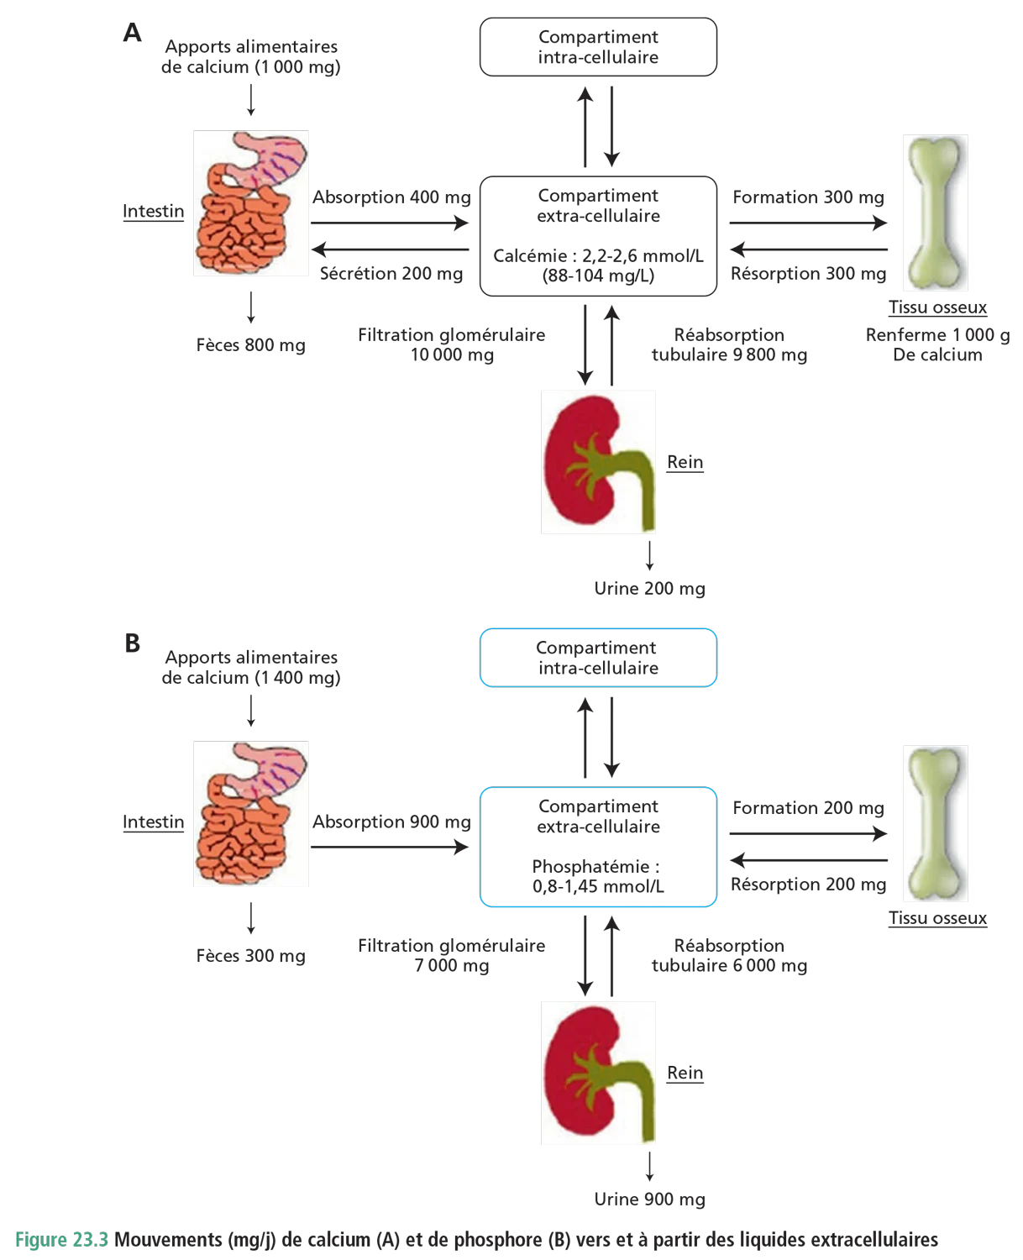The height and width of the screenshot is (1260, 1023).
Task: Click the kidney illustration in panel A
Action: pyautogui.click(x=597, y=463)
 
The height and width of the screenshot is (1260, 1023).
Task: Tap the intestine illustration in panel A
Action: pyautogui.click(x=249, y=205)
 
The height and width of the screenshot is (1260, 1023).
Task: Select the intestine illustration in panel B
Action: pyautogui.click(x=249, y=813)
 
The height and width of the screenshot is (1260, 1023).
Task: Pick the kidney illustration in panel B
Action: pyautogui.click(x=597, y=1074)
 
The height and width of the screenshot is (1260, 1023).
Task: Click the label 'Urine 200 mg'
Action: pyautogui.click(x=648, y=589)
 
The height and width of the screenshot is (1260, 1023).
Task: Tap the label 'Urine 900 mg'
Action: pyautogui.click(x=648, y=1200)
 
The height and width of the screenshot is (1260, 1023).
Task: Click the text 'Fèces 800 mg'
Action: pyautogui.click(x=250, y=345)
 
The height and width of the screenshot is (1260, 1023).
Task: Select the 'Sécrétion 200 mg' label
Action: pyautogui.click(x=391, y=274)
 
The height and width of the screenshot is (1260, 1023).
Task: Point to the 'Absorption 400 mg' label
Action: pyautogui.click(x=391, y=198)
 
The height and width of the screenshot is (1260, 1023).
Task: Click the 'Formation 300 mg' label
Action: pyautogui.click(x=808, y=198)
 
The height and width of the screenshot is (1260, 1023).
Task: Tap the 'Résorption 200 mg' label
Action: pyautogui.click(x=808, y=884)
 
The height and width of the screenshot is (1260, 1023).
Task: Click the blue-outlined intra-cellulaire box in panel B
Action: pyautogui.click(x=597, y=659)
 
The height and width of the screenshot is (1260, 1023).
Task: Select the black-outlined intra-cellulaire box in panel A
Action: pyautogui.click(x=597, y=47)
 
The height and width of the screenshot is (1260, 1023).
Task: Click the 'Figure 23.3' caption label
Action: pyautogui.click(x=61, y=1240)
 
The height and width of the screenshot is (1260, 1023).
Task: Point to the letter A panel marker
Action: pyautogui.click(x=133, y=34)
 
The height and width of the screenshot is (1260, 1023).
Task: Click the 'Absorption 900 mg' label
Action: pyautogui.click(x=391, y=822)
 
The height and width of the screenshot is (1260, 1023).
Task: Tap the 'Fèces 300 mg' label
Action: pyautogui.click(x=250, y=956)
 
